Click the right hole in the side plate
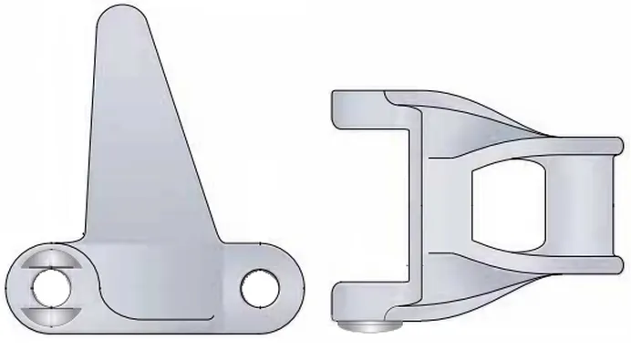[258, 288]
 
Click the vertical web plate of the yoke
[415, 205]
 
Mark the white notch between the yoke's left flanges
[365, 205]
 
